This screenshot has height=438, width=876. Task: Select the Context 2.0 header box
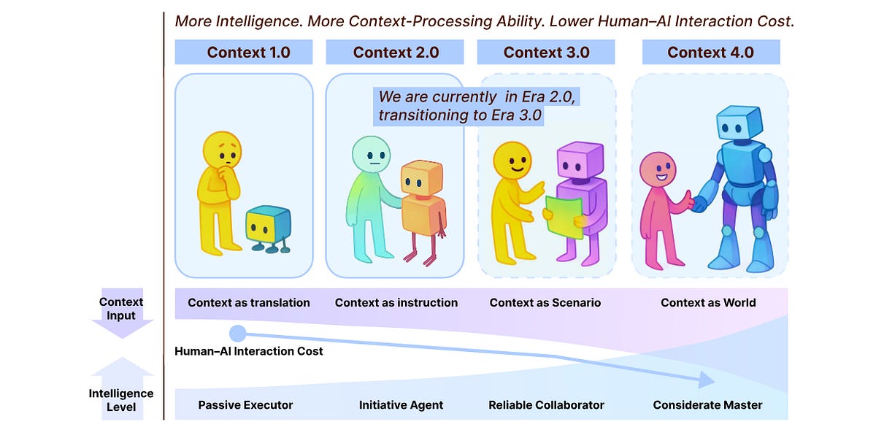[x=395, y=52]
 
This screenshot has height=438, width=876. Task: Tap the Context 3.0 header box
[x=546, y=52]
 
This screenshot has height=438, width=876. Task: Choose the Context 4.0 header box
[x=711, y=52]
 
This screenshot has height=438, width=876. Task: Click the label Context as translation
[x=249, y=302]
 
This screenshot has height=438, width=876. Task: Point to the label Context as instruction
[x=396, y=302]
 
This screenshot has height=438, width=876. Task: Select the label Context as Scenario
[x=545, y=302]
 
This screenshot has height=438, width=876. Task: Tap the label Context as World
[x=708, y=302]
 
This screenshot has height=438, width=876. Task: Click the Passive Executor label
[x=245, y=404]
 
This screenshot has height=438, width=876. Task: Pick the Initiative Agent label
[x=401, y=404]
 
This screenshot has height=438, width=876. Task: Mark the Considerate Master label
[x=707, y=404]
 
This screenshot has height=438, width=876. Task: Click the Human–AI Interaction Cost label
[x=249, y=351]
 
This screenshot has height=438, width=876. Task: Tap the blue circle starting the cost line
[x=238, y=334]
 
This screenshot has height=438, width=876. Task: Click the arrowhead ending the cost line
[x=705, y=380]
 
